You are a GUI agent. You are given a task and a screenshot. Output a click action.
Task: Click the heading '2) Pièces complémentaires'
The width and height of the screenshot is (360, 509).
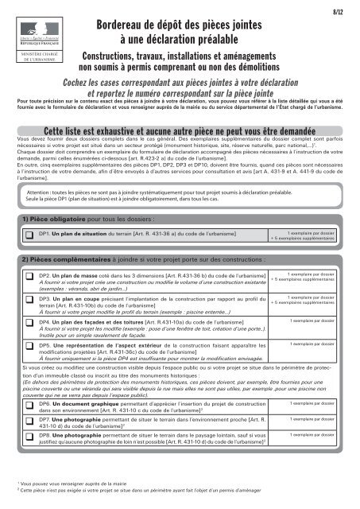pyautogui.click(x=59, y=259)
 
